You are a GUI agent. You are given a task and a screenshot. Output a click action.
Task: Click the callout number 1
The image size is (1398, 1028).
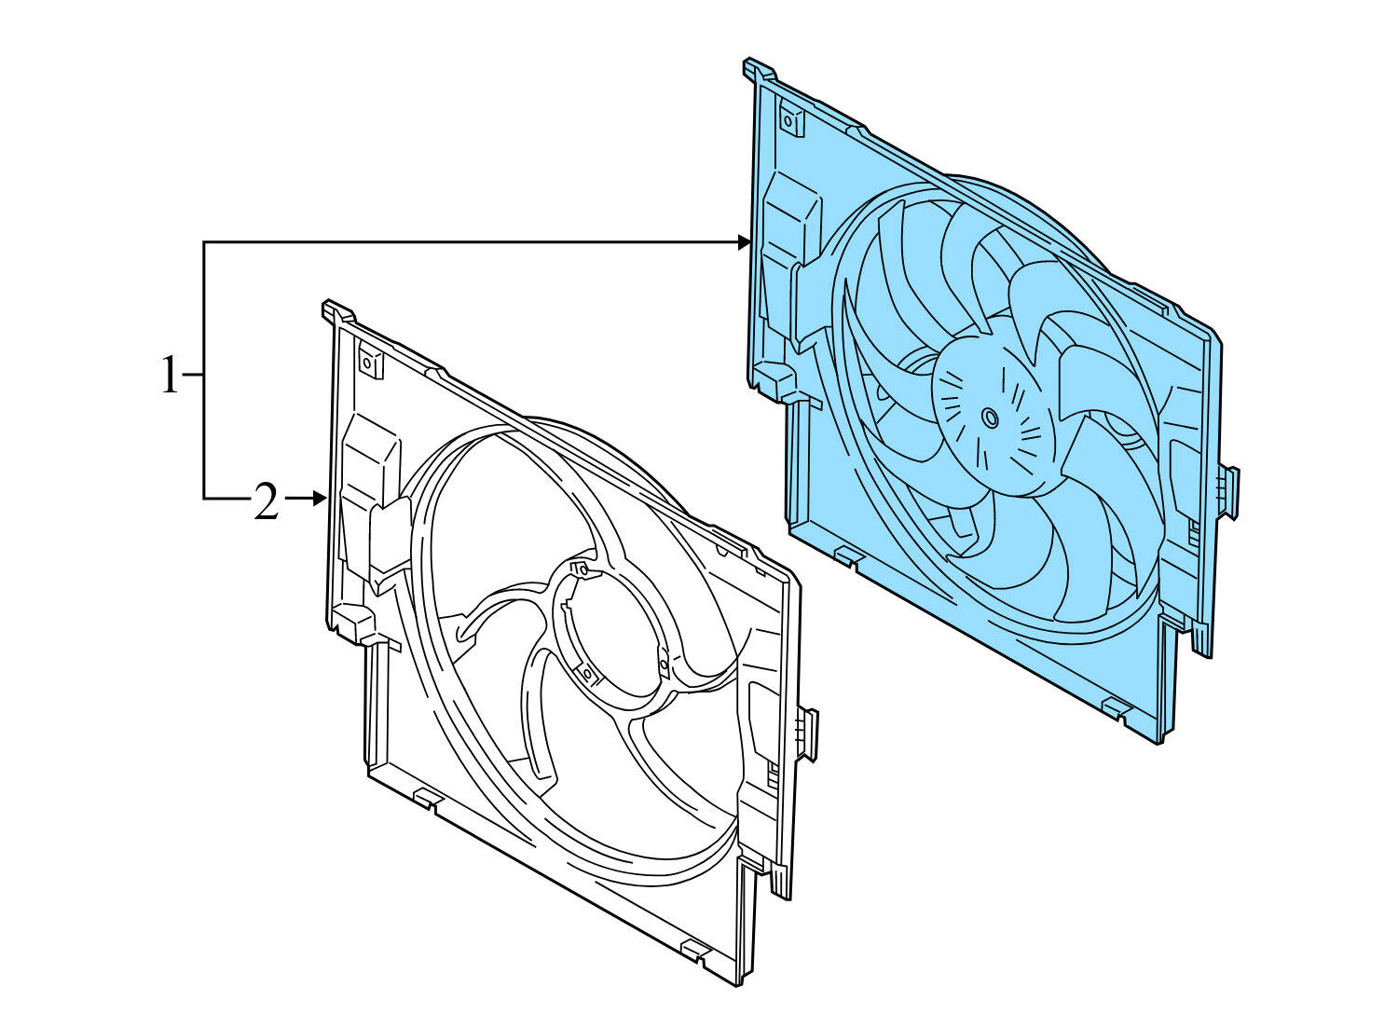169,375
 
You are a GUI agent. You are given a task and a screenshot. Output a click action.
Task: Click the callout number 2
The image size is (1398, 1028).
266,503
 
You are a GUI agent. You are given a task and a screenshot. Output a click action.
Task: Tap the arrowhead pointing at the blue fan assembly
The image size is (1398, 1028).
745,242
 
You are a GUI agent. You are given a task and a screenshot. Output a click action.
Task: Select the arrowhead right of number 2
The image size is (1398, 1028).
320,500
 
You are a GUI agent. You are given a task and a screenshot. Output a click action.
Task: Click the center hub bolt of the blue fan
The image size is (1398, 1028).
990,418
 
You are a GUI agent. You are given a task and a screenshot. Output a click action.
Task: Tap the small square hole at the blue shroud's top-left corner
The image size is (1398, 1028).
788,120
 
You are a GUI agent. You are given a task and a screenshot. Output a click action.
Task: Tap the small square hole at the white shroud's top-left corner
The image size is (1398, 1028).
367,363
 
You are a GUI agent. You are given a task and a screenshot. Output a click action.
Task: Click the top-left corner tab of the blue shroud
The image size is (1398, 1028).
758,70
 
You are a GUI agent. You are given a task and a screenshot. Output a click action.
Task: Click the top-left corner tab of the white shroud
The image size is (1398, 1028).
336,310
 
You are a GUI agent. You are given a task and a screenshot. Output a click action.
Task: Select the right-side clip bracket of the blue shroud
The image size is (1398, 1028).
1230,491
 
